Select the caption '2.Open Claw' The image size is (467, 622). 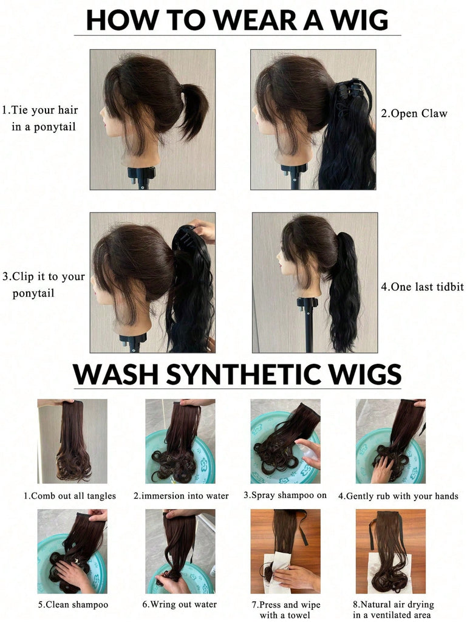click(414, 114)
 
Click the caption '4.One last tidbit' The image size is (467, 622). click(422, 287)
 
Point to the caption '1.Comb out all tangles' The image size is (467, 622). click(70, 496)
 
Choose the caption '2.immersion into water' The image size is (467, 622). click(181, 496)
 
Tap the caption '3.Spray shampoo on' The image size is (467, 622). click(285, 495)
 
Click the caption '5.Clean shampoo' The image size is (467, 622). click(73, 604)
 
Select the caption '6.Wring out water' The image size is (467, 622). click(180, 604)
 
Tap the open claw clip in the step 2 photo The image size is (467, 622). click(350, 90)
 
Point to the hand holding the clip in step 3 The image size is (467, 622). click(202, 230)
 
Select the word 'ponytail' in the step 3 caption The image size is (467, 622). click(33, 293)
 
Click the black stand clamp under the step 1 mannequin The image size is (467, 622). click(141, 174)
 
